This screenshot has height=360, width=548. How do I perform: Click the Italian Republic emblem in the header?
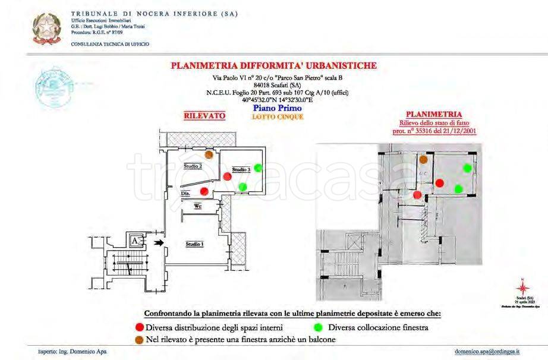click(x=46, y=28)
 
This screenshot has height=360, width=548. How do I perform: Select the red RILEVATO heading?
click(x=204, y=116)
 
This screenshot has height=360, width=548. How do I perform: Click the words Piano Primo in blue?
click(x=277, y=108)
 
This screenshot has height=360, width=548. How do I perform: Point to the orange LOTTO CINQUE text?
click(x=278, y=116)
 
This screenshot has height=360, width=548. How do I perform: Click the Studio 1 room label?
click(x=194, y=244)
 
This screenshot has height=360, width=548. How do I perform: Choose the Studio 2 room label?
click(x=193, y=166)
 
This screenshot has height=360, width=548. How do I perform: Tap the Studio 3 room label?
click(x=240, y=170)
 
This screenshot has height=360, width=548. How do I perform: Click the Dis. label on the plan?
click(x=185, y=194)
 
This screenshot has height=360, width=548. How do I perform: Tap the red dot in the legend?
click(x=140, y=327)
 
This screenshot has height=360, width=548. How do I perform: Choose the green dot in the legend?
click(x=318, y=327)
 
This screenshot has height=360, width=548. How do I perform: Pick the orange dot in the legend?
click(x=140, y=339)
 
